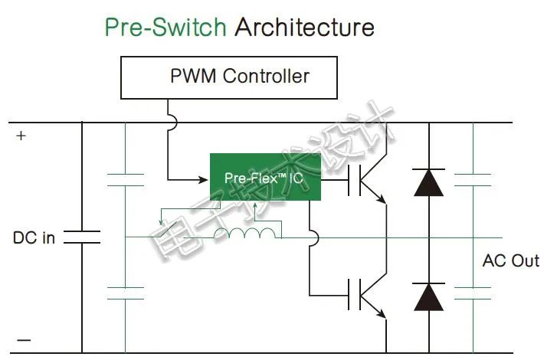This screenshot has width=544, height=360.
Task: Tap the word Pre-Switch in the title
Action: pos(165,28)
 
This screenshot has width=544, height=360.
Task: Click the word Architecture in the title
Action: pos(304,28)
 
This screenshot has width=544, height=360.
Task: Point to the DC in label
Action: pos(34,237)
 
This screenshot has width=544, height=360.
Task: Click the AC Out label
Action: pos(510,260)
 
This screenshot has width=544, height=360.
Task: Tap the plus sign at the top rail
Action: pos(21,136)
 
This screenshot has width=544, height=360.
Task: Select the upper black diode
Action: pos(428,182)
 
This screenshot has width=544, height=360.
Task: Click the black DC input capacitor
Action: pos(82,237)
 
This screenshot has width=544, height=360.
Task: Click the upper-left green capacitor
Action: pos(125,180)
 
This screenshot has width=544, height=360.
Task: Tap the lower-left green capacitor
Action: pos(125,293)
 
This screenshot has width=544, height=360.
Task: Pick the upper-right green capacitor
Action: pos(473,180)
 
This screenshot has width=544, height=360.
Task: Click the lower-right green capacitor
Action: pos(473,293)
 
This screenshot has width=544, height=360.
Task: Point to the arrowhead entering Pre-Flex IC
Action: pos(204,180)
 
